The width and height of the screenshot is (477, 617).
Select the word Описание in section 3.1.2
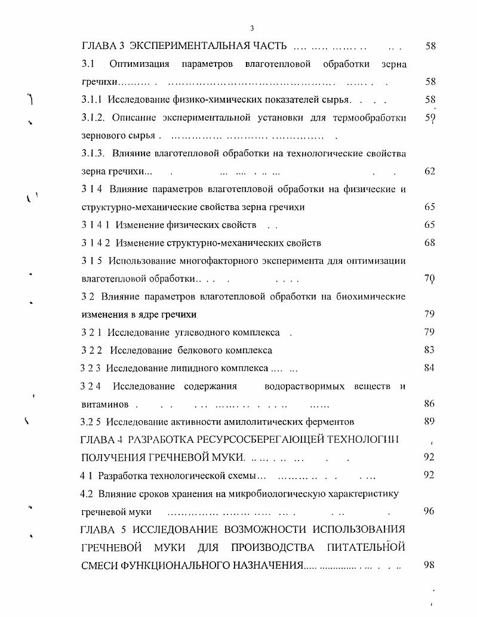coord(133,118)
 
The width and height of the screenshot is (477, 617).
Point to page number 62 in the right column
coord(429,171)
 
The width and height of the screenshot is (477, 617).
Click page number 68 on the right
coord(429,243)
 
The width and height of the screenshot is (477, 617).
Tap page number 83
coord(429,350)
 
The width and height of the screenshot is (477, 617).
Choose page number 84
coord(429,368)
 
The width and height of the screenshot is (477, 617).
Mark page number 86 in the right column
coord(429,404)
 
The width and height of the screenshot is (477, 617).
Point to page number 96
coord(429,511)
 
